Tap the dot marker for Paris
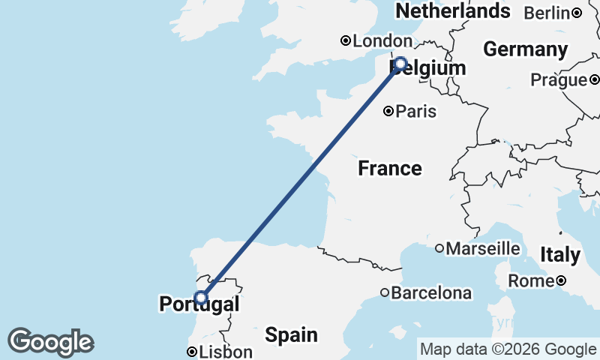click(x=388, y=112)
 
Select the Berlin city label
click(x=547, y=13)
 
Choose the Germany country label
click(x=525, y=49)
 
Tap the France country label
click(x=389, y=168)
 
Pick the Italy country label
click(x=559, y=255)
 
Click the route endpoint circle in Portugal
click(x=200, y=298)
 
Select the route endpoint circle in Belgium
click(x=400, y=64)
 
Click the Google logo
click(x=50, y=342)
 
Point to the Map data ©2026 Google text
click(x=508, y=349)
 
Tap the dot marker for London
click(x=346, y=41)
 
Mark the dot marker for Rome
click(x=561, y=281)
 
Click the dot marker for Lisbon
click(x=192, y=352)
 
